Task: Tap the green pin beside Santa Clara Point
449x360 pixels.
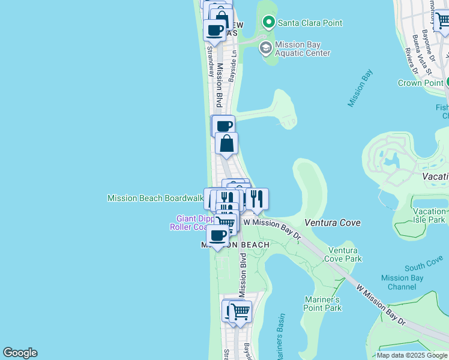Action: (x=268, y=23)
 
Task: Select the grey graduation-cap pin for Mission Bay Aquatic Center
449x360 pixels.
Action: (x=265, y=48)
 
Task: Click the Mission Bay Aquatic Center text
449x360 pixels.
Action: (x=303, y=49)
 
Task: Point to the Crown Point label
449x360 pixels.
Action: (x=420, y=83)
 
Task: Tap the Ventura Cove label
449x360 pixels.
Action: (x=333, y=223)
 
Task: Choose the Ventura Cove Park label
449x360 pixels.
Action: (x=343, y=254)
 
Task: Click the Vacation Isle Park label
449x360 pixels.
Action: (x=429, y=215)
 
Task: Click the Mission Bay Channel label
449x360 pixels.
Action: (x=403, y=282)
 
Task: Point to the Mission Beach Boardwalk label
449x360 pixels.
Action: (x=155, y=198)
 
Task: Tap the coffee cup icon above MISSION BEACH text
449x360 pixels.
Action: (x=218, y=236)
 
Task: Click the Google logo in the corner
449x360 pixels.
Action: (x=20, y=353)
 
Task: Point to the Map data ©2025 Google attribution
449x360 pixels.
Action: (x=411, y=355)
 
